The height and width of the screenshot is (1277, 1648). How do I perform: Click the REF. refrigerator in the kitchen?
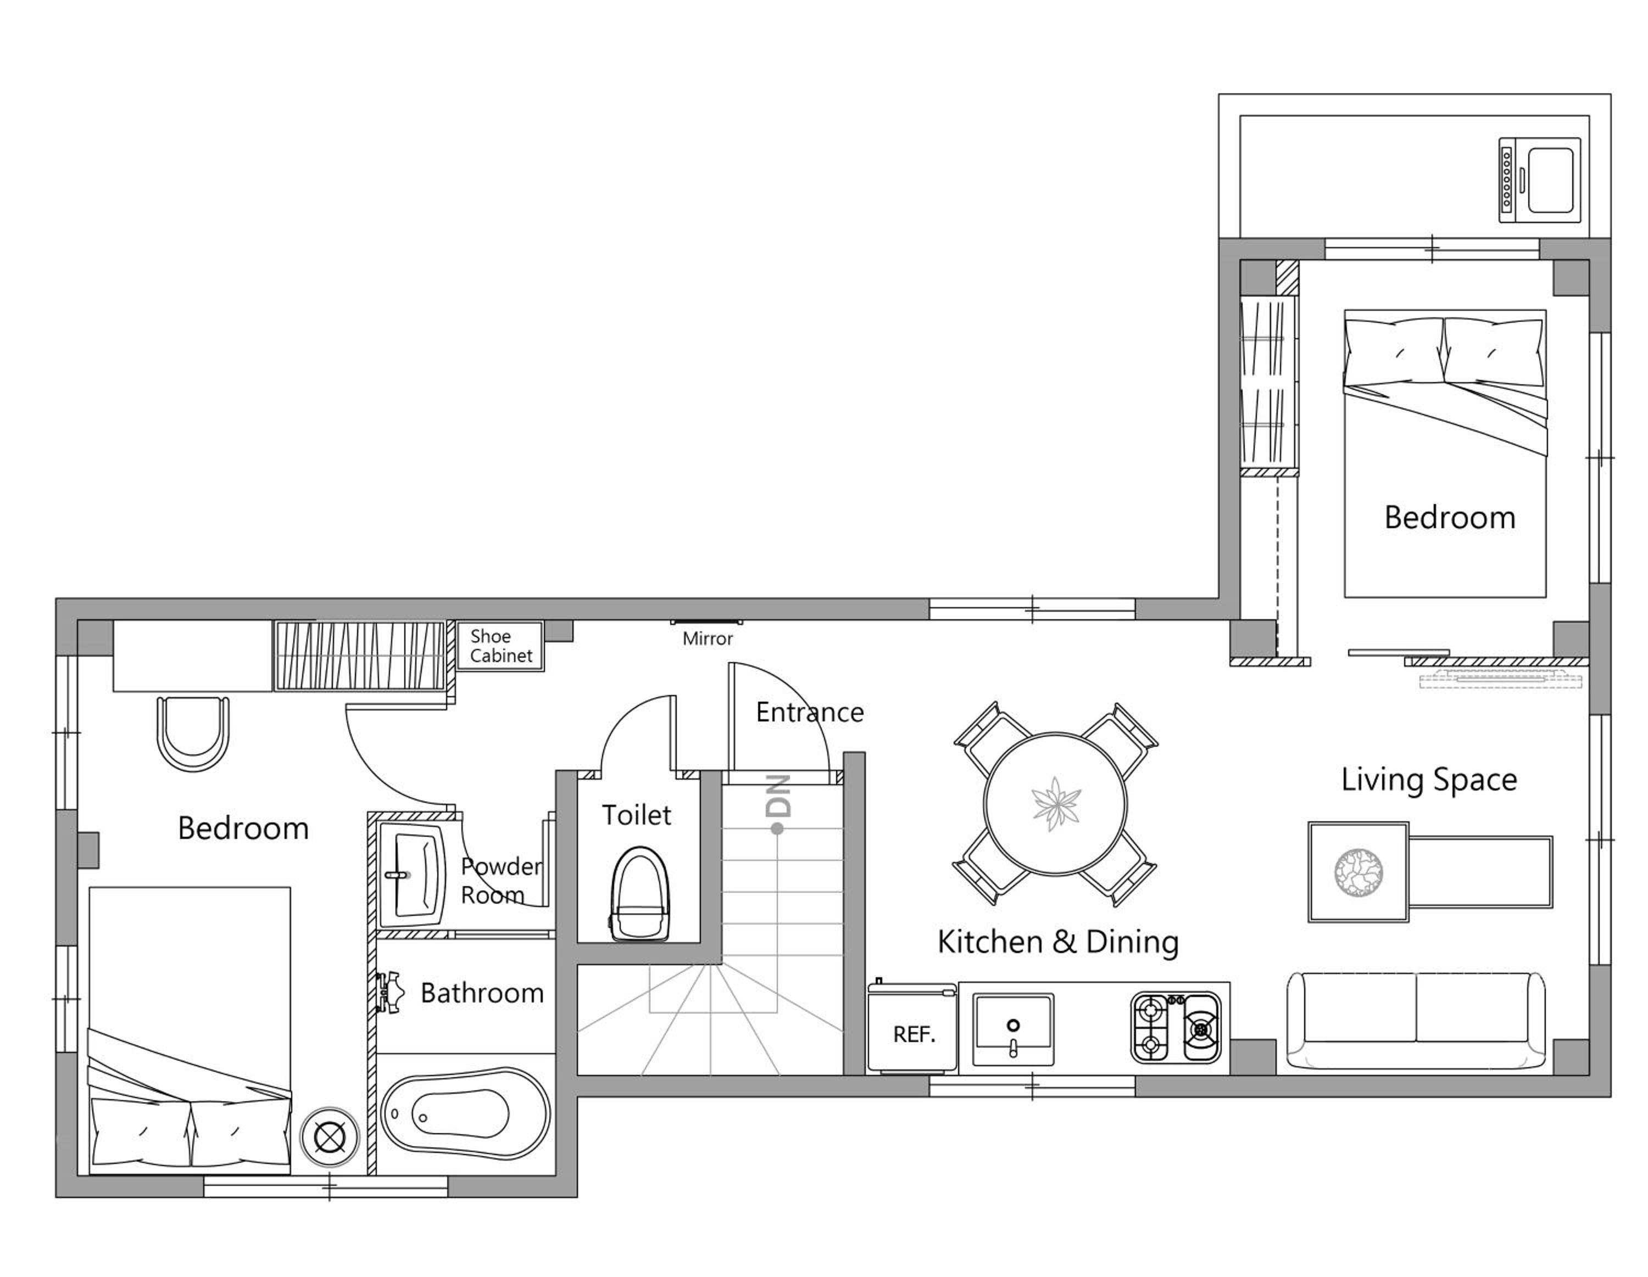click(912, 1027)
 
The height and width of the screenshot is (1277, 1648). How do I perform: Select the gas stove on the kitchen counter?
click(1175, 1027)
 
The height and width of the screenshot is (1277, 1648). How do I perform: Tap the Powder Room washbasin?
click(412, 874)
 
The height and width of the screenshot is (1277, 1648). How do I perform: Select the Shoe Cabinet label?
click(500, 646)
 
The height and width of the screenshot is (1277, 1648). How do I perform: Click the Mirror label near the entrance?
click(707, 639)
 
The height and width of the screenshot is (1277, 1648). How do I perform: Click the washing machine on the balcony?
click(1539, 180)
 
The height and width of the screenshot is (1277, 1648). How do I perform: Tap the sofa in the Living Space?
click(1416, 1021)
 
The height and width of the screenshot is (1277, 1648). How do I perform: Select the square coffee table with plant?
click(1359, 872)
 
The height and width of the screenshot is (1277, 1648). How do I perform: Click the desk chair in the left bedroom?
click(193, 733)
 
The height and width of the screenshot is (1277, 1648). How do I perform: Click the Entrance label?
click(810, 712)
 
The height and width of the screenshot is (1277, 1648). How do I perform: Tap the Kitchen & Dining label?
click(1058, 942)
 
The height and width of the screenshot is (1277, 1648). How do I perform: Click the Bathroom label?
click(482, 993)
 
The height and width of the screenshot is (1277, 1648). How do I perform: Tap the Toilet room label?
click(636, 815)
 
